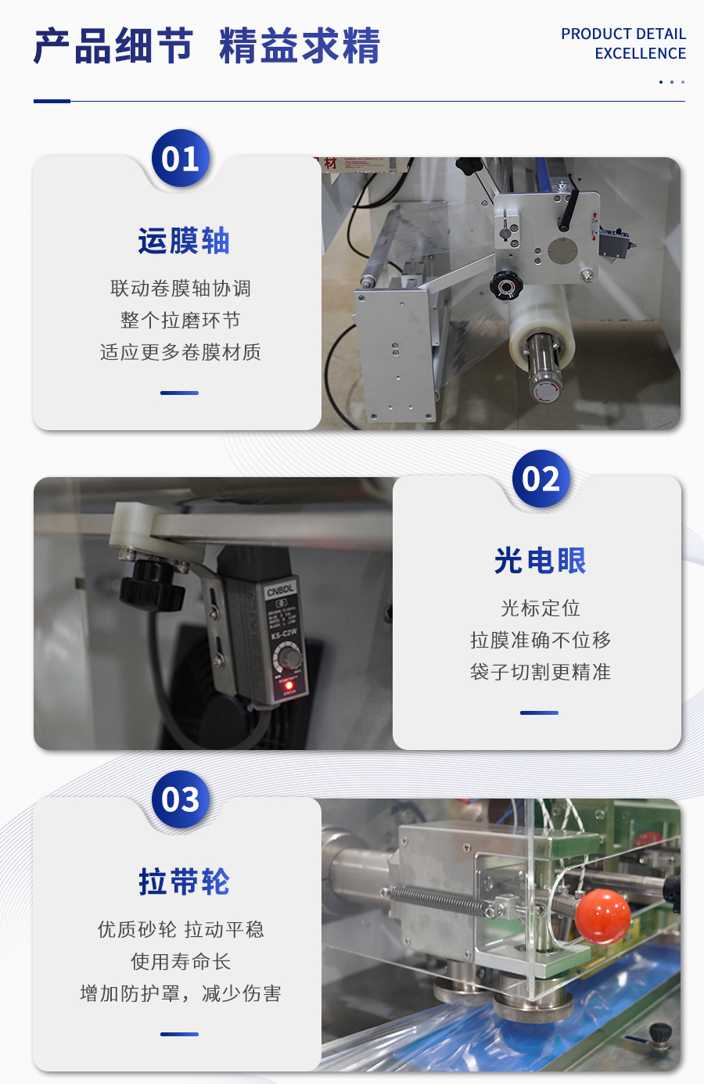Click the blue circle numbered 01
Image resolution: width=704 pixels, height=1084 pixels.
tap(180, 158)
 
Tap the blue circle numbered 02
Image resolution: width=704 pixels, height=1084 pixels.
tap(541, 479)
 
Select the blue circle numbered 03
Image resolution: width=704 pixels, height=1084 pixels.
tap(180, 799)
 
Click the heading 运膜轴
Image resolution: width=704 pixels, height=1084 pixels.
tap(184, 241)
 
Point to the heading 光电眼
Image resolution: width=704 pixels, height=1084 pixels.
tap(541, 561)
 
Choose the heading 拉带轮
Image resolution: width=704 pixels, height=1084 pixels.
tap(184, 881)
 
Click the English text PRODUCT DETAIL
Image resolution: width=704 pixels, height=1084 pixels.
tap(623, 34)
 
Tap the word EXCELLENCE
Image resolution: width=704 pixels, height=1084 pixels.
tap(640, 53)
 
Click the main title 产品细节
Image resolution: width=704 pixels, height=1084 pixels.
tap(113, 46)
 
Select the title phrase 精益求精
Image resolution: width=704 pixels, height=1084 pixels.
tap(300, 46)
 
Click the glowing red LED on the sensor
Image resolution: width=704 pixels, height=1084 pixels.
tap(289, 685)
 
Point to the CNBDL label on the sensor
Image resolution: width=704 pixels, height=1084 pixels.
tap(281, 590)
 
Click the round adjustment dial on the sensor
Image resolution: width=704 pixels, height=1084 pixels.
tap(289, 657)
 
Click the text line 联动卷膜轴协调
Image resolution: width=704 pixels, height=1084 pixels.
tap(181, 289)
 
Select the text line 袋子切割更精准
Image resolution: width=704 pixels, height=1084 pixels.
tap(541, 672)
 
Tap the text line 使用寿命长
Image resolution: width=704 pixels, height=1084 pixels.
tap(181, 961)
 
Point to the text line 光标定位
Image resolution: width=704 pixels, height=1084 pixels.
tap(541, 608)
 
